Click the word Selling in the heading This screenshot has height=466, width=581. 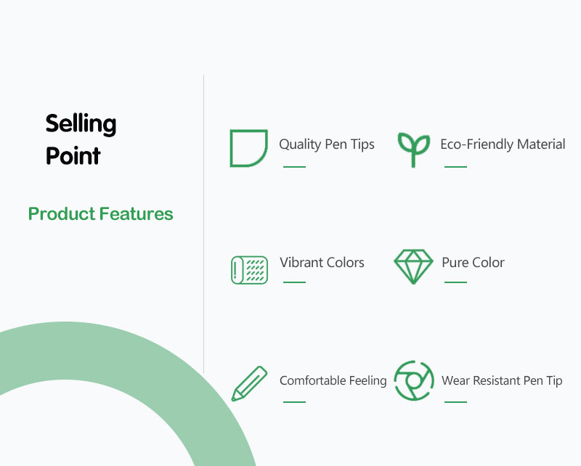(x=81, y=123)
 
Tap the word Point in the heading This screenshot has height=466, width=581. (x=73, y=155)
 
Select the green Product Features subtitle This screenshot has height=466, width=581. (x=101, y=213)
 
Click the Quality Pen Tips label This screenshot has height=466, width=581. (x=326, y=144)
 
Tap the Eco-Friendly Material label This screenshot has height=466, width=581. (x=503, y=144)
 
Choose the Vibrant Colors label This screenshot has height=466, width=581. (x=322, y=262)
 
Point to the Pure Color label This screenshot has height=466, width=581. (x=474, y=262)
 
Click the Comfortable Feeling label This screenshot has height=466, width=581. (x=333, y=380)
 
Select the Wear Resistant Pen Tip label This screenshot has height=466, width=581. (x=502, y=380)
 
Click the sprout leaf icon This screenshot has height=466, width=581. (x=413, y=150)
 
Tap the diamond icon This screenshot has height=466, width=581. (x=413, y=266)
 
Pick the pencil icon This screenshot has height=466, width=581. (x=249, y=384)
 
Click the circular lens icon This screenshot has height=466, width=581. (x=414, y=380)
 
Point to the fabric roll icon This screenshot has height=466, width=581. (x=249, y=270)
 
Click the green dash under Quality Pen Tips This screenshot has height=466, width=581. (x=294, y=167)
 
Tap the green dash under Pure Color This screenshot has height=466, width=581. (x=455, y=282)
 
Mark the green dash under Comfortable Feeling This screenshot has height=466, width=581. (x=294, y=401)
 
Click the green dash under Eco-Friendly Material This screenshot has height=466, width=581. (x=455, y=167)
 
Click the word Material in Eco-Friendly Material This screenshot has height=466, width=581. (x=541, y=144)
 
